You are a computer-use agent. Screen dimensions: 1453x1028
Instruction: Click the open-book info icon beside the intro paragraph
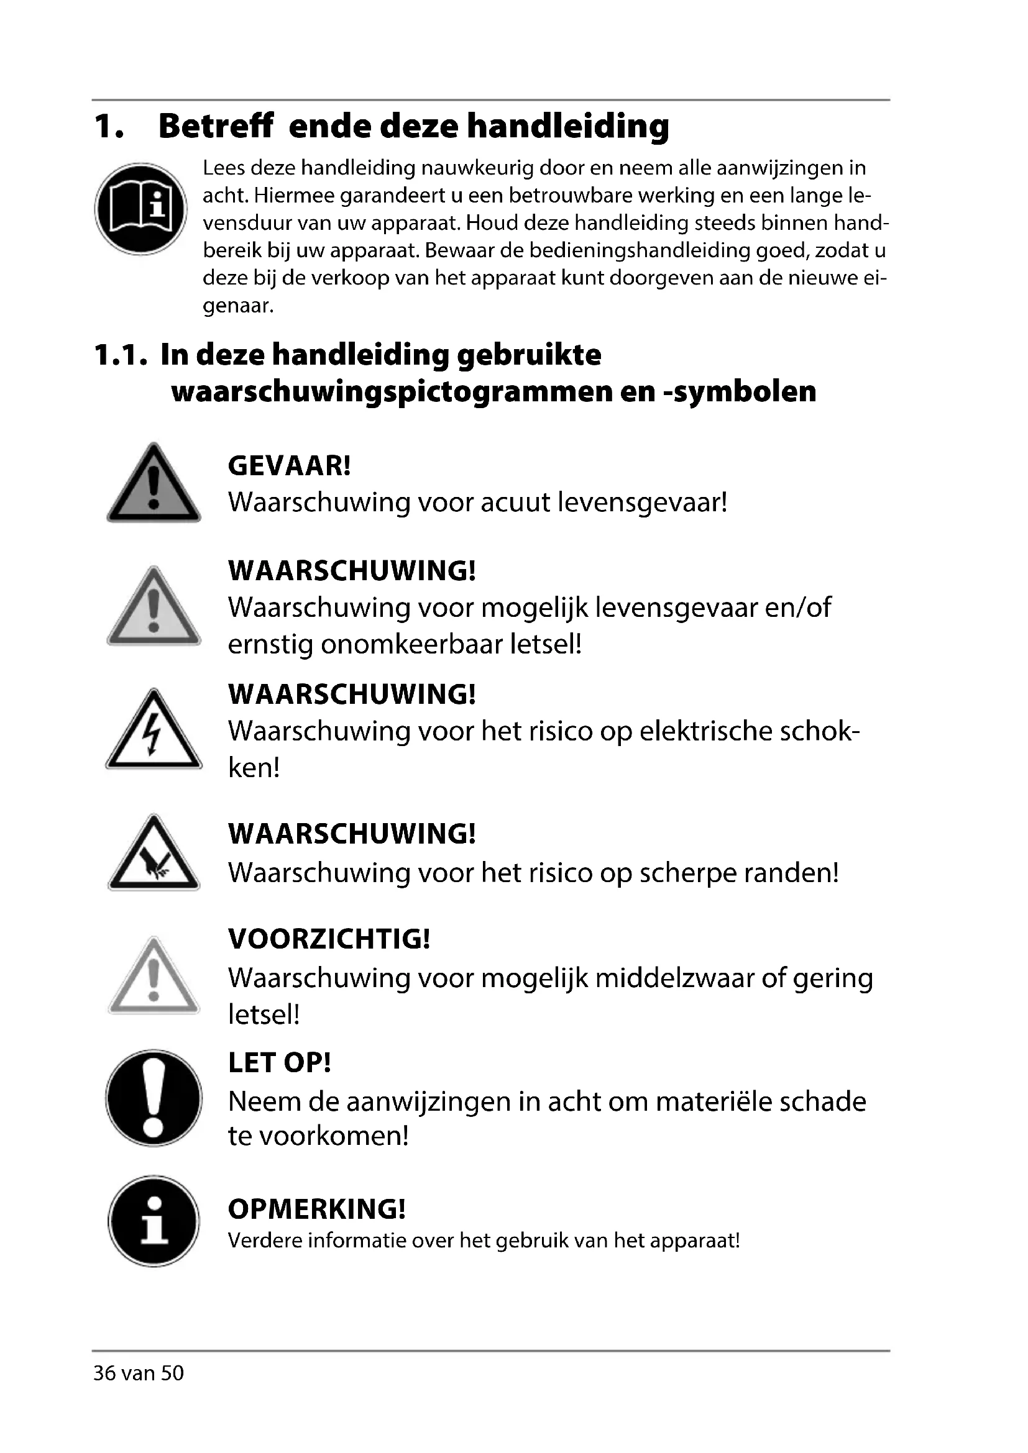point(140,209)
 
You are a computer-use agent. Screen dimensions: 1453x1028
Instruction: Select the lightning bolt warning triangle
point(154,732)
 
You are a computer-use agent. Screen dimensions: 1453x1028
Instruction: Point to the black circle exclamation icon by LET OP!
point(154,1098)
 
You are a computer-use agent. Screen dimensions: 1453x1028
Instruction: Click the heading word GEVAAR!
point(288,467)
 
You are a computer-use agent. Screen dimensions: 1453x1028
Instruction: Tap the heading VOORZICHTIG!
point(329,939)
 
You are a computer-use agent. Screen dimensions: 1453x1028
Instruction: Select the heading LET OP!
point(279,1062)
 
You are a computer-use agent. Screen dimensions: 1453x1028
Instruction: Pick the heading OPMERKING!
point(316,1209)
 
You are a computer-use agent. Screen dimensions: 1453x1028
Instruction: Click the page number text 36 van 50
point(139,1390)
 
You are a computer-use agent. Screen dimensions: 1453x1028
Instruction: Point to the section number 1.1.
point(121,355)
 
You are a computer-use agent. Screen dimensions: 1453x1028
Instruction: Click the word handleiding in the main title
point(568,126)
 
